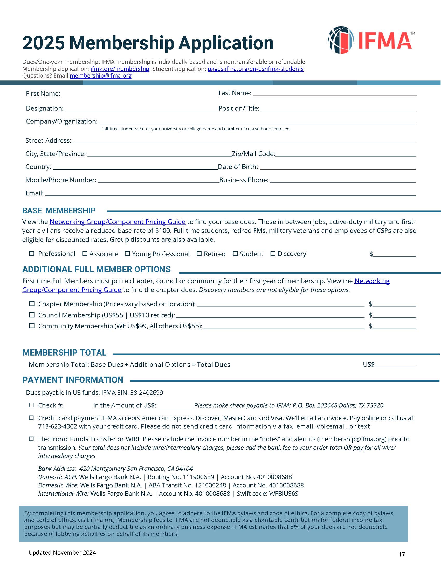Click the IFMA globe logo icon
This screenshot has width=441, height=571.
tap(341, 40)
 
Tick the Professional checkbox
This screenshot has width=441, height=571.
tap(32, 254)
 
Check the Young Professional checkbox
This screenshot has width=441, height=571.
tap(127, 254)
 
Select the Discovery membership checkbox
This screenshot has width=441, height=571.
tap(273, 254)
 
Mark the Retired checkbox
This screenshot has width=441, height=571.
tap(199, 254)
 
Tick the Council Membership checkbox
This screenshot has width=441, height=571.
tap(32, 315)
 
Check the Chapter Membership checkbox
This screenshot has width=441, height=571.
tap(32, 304)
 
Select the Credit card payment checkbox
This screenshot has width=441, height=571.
tap(31, 418)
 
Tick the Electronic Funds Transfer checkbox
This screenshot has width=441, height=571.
tap(31, 439)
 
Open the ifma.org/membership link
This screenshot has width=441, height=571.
tap(120, 69)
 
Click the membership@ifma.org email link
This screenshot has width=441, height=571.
tap(101, 76)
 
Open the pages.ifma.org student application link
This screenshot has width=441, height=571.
tap(256, 69)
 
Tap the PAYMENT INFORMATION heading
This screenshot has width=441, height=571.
tap(73, 380)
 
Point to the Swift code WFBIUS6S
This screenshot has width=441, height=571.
tap(284, 494)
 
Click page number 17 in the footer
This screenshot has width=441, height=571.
tap(402, 554)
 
